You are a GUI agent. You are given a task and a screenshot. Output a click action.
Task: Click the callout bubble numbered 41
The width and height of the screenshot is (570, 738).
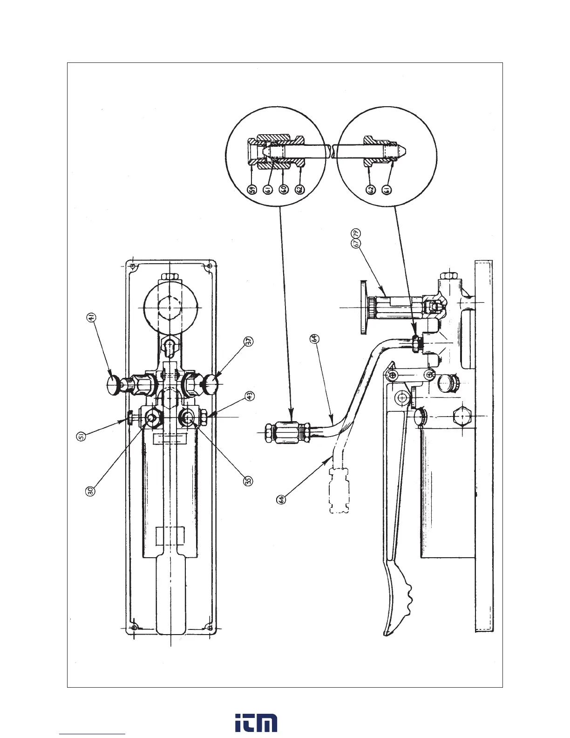coord(91,318)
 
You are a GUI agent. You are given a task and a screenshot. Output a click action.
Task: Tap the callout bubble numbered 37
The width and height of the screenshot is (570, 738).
coord(249,341)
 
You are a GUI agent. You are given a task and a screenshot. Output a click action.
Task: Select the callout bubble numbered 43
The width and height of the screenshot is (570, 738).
coord(250,396)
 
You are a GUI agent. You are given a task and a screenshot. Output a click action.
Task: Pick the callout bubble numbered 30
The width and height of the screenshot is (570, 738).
coord(91,491)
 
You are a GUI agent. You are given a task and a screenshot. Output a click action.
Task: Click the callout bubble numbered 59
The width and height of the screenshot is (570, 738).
coord(251,190)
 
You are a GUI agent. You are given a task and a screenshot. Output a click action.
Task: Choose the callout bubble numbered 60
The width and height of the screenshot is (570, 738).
coord(283,190)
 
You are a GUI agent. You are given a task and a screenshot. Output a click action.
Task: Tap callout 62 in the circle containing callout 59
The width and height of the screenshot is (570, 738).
coord(299,190)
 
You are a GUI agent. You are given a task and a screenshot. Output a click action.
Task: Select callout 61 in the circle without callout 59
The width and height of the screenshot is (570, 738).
coord(386,190)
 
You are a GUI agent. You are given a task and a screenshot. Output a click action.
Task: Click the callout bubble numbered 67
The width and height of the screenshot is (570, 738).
coord(356,243)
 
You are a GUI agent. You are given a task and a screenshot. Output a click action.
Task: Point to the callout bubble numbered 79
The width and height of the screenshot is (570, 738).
coord(356,232)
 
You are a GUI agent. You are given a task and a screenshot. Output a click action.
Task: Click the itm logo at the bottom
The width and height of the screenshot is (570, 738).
coord(256,722)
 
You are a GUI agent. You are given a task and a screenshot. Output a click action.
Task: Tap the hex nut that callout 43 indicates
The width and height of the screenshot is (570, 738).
coord(204,418)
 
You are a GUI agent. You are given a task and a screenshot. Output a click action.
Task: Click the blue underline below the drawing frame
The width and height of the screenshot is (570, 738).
coord(92,734)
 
